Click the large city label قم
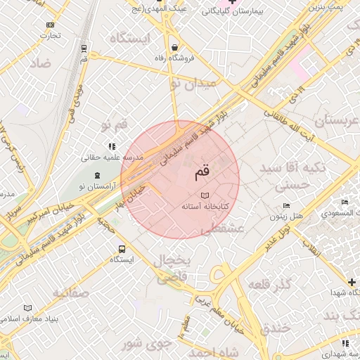point(200,171)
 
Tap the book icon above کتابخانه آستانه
point(205,195)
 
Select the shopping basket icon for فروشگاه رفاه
point(174,48)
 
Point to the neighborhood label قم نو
point(115,124)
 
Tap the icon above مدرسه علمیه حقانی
point(111,146)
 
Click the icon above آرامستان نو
point(97,174)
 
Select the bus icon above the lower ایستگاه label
point(122,249)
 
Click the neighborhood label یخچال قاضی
point(173,269)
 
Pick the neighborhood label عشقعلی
point(222,229)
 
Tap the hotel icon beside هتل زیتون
point(285,205)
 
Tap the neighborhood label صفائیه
point(70,292)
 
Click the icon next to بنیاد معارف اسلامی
point(28,308)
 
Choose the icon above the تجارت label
point(49,25)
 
